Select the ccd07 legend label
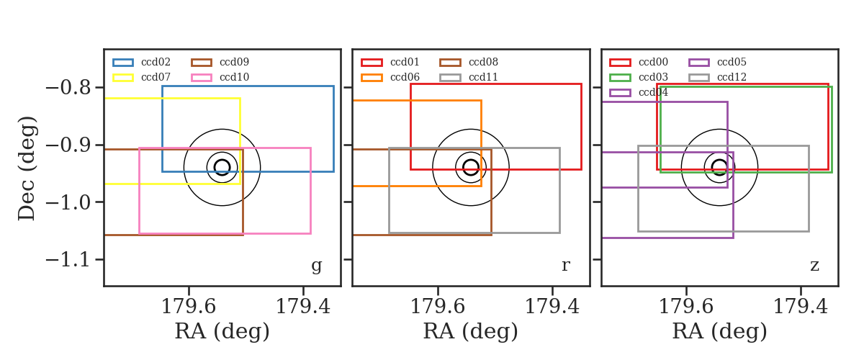[156, 77]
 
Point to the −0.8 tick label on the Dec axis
[68, 88]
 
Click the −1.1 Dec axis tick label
[68, 260]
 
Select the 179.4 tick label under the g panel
[303, 307]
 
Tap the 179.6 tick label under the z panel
[686, 307]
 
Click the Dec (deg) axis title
[27, 168]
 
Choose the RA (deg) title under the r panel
[471, 331]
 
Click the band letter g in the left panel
[316, 266]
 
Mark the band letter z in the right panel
[814, 266]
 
